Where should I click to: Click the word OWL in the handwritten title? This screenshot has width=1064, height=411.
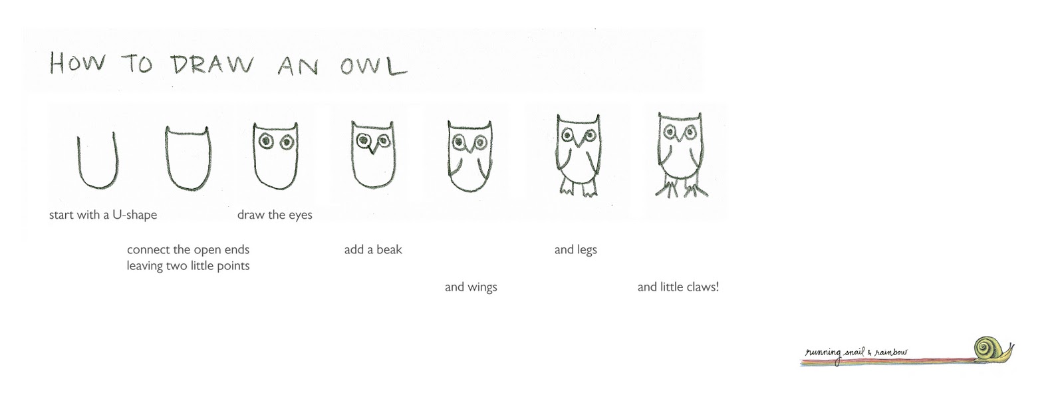[373, 66]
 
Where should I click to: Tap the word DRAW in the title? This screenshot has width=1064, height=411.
[212, 65]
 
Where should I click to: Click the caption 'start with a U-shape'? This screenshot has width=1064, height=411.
[103, 215]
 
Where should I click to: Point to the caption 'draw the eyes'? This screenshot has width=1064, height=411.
[275, 215]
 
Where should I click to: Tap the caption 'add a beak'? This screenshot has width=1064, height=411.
[373, 249]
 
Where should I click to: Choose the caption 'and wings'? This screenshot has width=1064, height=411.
[471, 287]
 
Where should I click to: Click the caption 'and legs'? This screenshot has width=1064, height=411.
[575, 250]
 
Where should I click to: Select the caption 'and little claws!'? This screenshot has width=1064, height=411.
[678, 287]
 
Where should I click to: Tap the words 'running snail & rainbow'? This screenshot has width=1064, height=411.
[856, 352]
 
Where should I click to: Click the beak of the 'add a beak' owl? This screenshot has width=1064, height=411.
[373, 147]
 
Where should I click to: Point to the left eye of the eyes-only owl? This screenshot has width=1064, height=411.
[266, 140]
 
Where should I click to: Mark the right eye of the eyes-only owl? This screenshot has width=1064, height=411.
[287, 142]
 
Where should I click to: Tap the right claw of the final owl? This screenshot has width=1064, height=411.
[696, 191]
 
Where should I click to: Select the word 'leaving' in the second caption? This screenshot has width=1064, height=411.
[144, 265]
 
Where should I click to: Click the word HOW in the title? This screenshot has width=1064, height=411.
[77, 63]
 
